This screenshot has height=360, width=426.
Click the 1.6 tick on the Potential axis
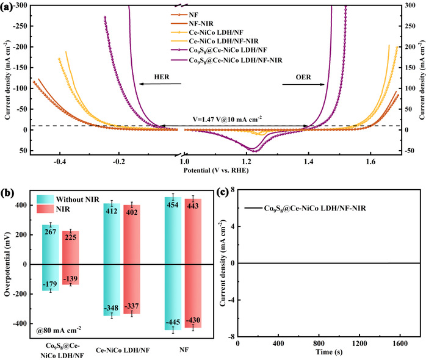pyautogui.click(x=370, y=163)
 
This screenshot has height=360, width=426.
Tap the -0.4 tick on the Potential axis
pyautogui.click(x=59, y=163)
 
